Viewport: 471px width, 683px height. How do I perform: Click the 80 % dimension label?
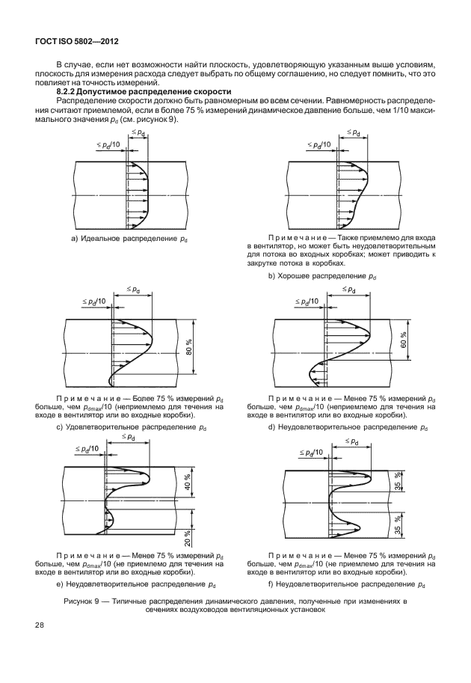tap(189, 348)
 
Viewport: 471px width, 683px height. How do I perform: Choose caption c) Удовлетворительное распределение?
tap(132, 427)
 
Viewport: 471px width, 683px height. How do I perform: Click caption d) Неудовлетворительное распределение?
tap(347, 427)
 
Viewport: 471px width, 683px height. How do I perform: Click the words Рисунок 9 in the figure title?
tap(85, 601)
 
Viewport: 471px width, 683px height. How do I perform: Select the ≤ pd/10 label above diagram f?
tap(312, 453)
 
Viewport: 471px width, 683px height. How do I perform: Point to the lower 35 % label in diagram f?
tap(398, 528)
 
